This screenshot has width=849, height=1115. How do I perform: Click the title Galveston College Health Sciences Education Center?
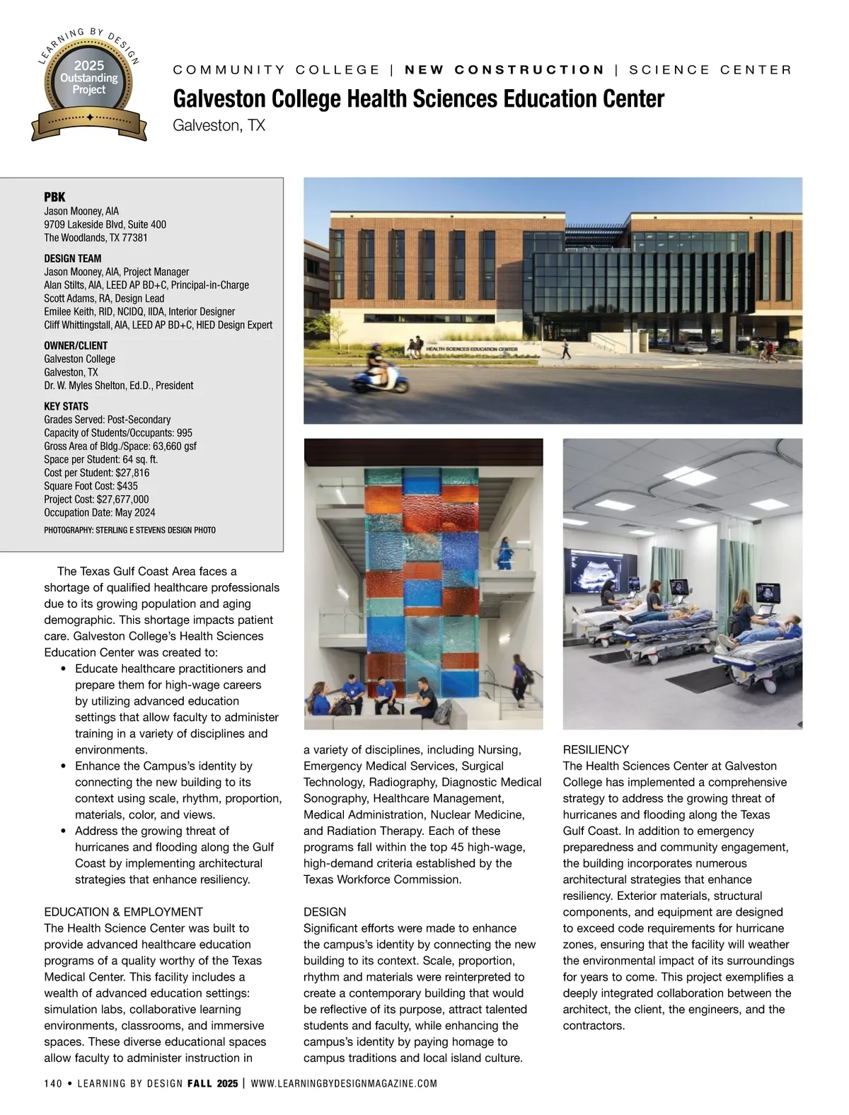(x=418, y=98)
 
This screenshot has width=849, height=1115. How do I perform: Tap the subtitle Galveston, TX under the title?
(x=219, y=126)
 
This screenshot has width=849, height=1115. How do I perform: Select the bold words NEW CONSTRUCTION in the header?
(x=504, y=69)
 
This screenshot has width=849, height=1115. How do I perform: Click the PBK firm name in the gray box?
(x=54, y=197)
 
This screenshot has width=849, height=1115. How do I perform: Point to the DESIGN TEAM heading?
(x=73, y=258)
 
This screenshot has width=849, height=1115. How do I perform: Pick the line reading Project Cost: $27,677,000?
(x=96, y=499)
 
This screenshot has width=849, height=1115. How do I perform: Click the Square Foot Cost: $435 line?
(x=91, y=485)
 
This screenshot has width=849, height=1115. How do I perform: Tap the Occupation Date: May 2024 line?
(x=100, y=512)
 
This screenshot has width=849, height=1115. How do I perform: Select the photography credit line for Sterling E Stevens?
(x=129, y=530)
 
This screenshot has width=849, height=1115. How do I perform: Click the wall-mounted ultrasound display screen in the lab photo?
(x=595, y=571)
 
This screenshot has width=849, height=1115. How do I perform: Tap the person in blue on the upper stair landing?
(x=505, y=551)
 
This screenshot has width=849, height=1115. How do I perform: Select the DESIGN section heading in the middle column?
(x=325, y=911)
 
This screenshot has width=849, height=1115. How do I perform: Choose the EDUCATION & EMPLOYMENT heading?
(x=123, y=911)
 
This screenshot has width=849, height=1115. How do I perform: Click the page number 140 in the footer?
(x=53, y=1083)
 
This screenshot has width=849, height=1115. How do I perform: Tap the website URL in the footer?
(x=344, y=1083)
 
